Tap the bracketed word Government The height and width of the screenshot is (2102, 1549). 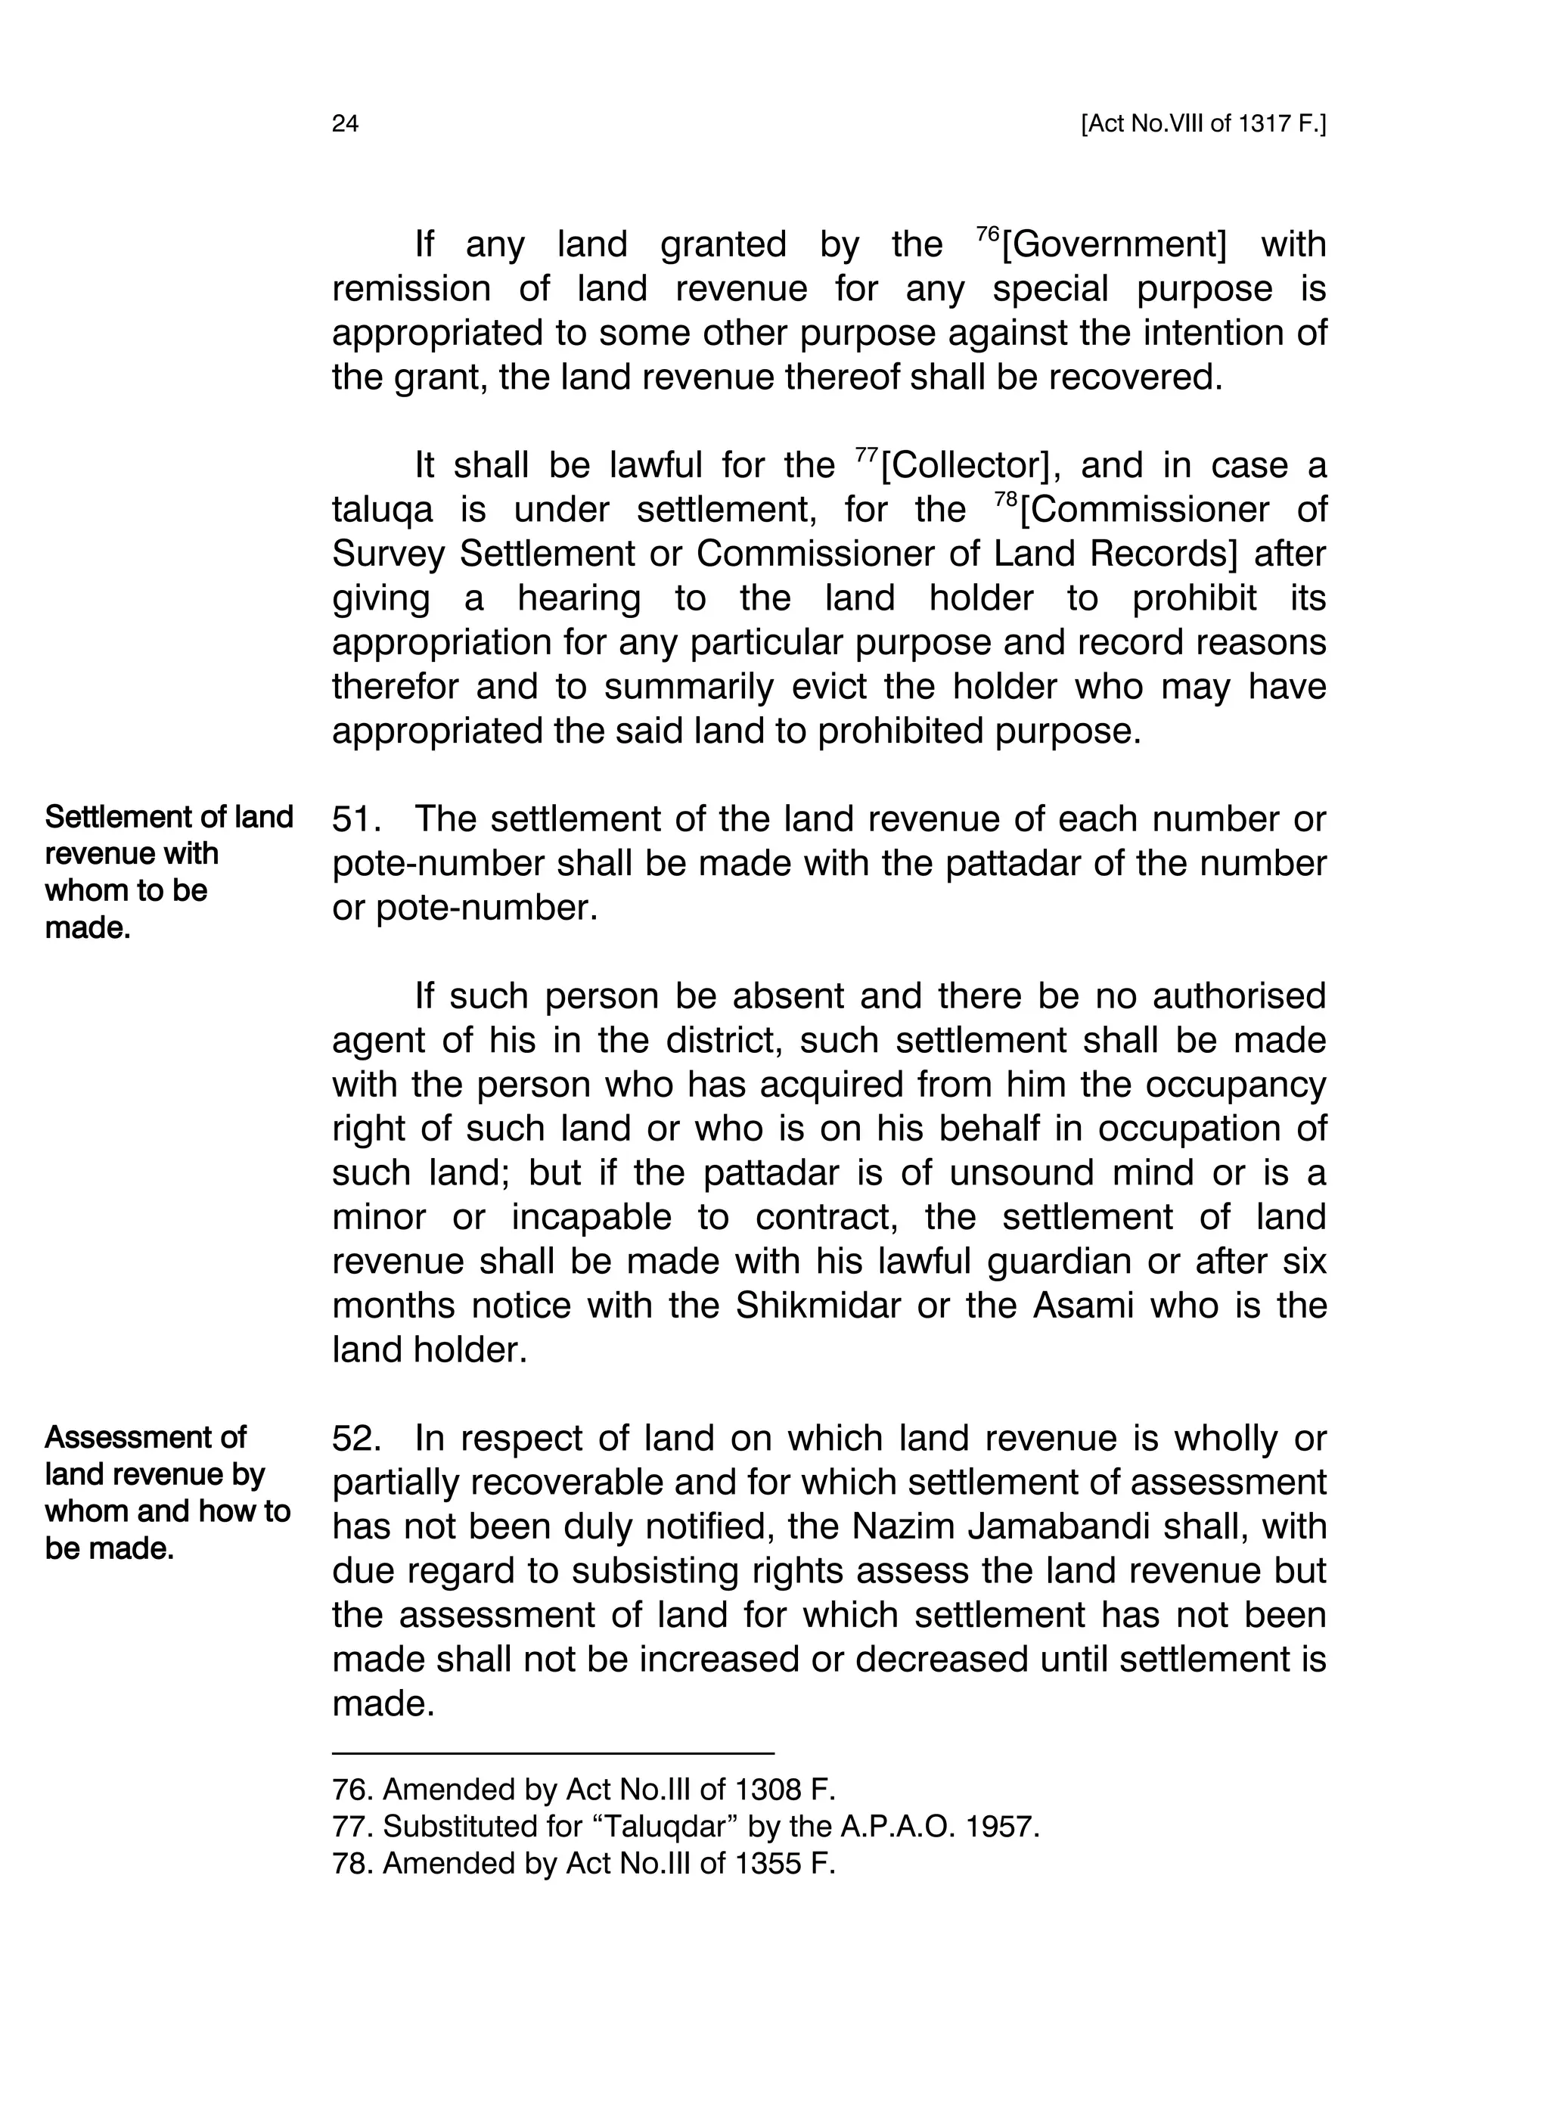click(1114, 245)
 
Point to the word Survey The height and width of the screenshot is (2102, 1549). click(388, 554)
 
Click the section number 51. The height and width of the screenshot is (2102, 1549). click(355, 819)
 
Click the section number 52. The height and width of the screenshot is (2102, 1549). click(355, 1438)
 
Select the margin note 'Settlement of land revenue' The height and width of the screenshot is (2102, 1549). click(169, 871)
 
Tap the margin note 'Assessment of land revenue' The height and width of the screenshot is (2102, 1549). click(167, 1492)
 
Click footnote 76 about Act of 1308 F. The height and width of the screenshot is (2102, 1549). click(583, 1790)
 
